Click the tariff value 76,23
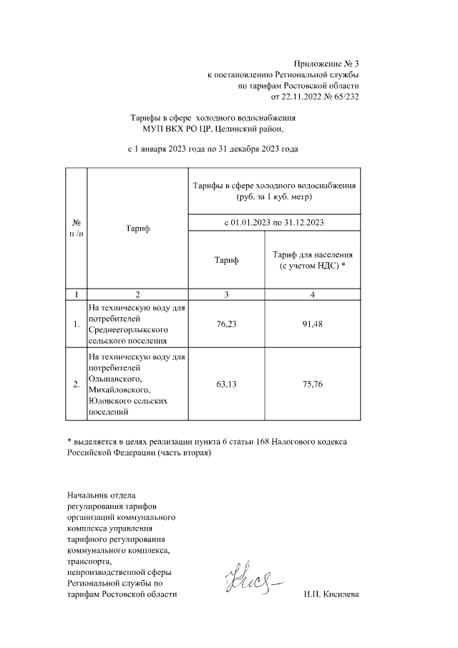[226, 324]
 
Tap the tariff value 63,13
[226, 384]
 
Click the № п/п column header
[77, 228]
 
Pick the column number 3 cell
[226, 294]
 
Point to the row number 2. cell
[77, 385]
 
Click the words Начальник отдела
[101, 495]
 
